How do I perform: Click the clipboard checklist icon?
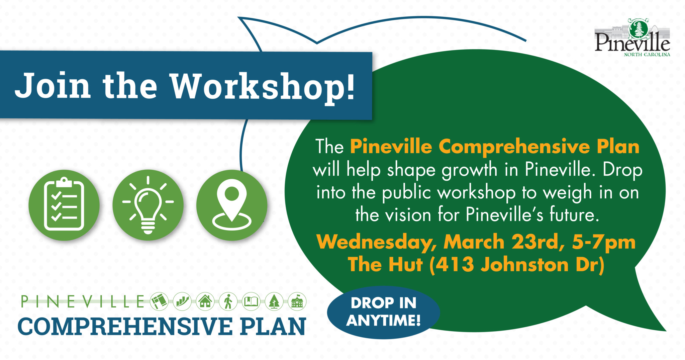pos(64,205)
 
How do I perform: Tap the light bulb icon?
pos(148,205)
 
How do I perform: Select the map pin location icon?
pos(232,205)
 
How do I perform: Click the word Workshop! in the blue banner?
pos(263,87)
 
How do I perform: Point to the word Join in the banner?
pos(53,86)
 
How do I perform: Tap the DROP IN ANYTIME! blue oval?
pos(383,312)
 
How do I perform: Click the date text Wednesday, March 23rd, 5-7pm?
pos(476,242)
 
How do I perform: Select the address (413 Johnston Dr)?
pos(517,265)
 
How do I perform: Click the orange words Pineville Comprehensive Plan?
pos(494,147)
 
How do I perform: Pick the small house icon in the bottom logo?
pos(205,301)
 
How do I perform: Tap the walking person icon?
pos(228,301)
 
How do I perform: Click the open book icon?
pos(251,301)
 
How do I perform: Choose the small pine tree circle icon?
pos(274,301)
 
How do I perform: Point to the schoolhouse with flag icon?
pos(297,301)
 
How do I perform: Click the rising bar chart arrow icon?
pos(182,301)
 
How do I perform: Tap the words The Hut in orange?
pos(385,265)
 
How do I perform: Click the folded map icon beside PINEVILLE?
pos(159,301)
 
